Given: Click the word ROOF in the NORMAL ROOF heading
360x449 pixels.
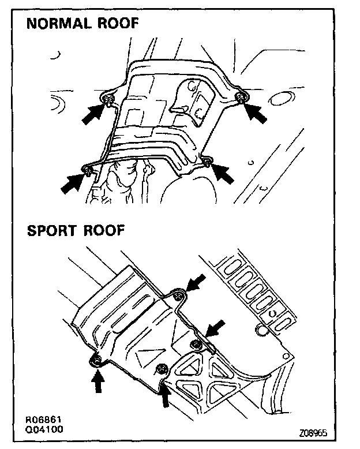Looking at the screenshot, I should click(118, 24).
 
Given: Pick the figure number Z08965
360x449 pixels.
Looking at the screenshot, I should click(316, 432).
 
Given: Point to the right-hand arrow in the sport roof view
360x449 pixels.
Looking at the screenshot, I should click(215, 331).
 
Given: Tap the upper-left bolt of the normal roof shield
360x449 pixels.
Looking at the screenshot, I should click(108, 102).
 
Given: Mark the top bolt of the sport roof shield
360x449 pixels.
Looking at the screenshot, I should click(179, 297).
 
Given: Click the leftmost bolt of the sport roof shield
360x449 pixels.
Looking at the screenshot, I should click(96, 361).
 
